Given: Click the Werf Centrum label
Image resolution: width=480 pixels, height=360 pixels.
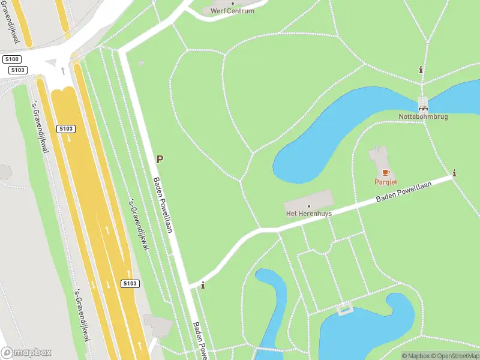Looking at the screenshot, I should (x=232, y=11).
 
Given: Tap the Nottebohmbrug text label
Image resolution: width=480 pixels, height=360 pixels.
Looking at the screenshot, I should (x=423, y=116).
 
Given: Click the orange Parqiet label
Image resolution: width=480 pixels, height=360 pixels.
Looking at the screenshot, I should (x=386, y=182).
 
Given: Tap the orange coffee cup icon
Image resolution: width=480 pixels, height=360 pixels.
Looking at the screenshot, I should (x=386, y=173).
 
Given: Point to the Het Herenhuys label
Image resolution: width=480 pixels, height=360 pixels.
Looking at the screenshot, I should (x=308, y=213).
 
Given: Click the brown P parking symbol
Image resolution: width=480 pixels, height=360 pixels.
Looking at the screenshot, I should (x=160, y=159).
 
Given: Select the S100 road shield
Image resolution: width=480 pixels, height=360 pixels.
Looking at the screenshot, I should (x=11, y=59).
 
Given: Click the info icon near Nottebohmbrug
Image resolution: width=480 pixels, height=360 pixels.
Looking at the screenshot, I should (x=421, y=70).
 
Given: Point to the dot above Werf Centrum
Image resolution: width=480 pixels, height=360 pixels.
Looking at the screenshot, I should (x=232, y=3).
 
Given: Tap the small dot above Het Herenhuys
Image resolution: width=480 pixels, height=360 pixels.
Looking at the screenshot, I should (x=308, y=206).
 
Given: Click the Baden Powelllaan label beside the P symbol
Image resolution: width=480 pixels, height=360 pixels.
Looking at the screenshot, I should (x=163, y=205).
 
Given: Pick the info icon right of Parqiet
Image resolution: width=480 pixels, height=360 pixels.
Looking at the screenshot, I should (x=454, y=173).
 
